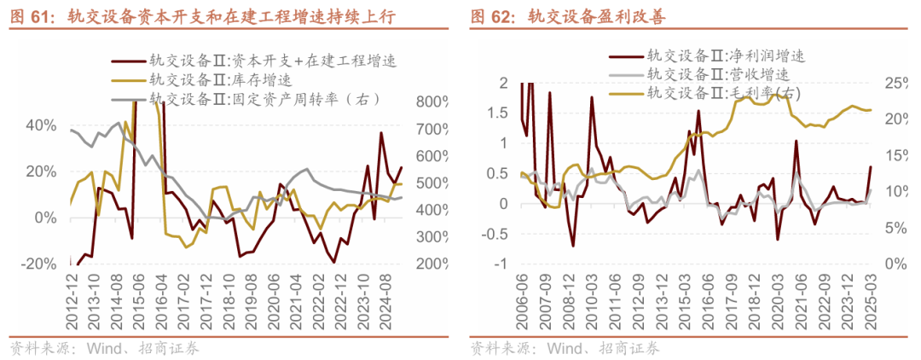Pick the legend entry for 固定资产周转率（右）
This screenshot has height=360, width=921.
[x=265, y=99]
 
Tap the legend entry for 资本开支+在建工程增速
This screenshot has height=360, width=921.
[x=273, y=61]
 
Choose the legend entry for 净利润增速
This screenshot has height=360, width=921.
[x=726, y=56]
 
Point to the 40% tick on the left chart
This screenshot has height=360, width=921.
[x=41, y=125]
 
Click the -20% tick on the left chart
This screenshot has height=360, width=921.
[x=38, y=264]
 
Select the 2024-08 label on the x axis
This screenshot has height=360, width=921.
[x=386, y=299]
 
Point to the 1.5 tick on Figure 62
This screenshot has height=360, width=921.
[x=498, y=113]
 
